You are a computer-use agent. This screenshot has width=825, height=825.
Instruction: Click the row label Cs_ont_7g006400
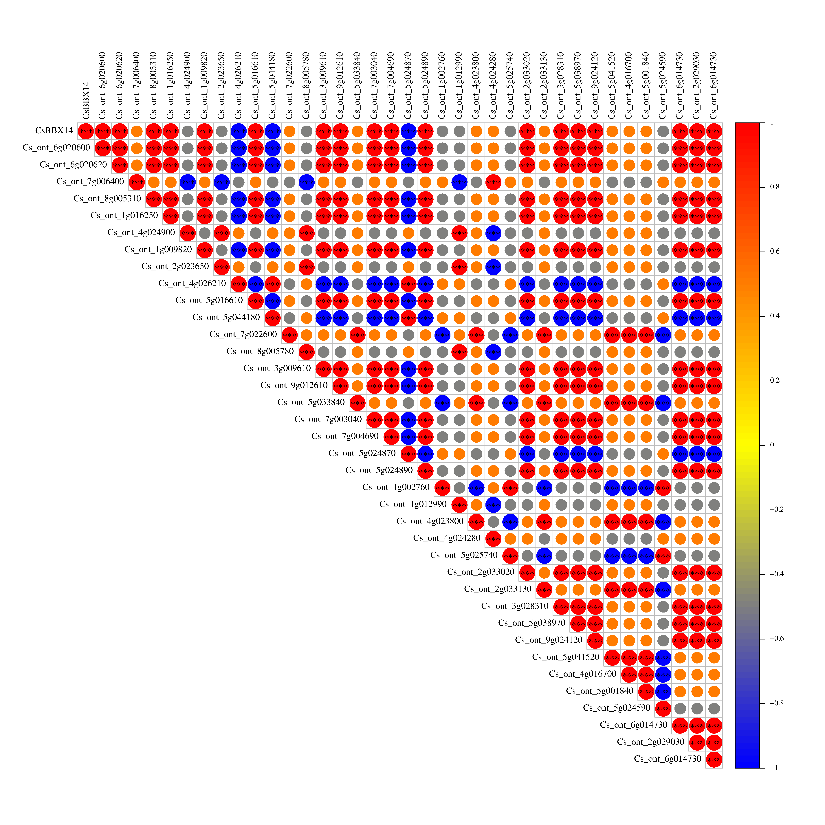[x=90, y=181]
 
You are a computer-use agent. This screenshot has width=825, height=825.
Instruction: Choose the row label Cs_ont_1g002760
[x=396, y=487]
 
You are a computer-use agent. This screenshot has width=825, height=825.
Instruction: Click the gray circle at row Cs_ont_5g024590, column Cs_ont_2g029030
[x=697, y=709]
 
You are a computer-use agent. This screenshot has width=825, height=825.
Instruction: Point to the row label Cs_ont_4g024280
[x=447, y=538]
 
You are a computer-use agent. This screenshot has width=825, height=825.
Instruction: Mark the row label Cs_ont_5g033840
[x=311, y=402]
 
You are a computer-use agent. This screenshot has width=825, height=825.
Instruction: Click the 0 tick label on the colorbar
[x=772, y=445]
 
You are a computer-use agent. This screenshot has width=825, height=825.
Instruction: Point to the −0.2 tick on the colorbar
[x=762, y=509]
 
